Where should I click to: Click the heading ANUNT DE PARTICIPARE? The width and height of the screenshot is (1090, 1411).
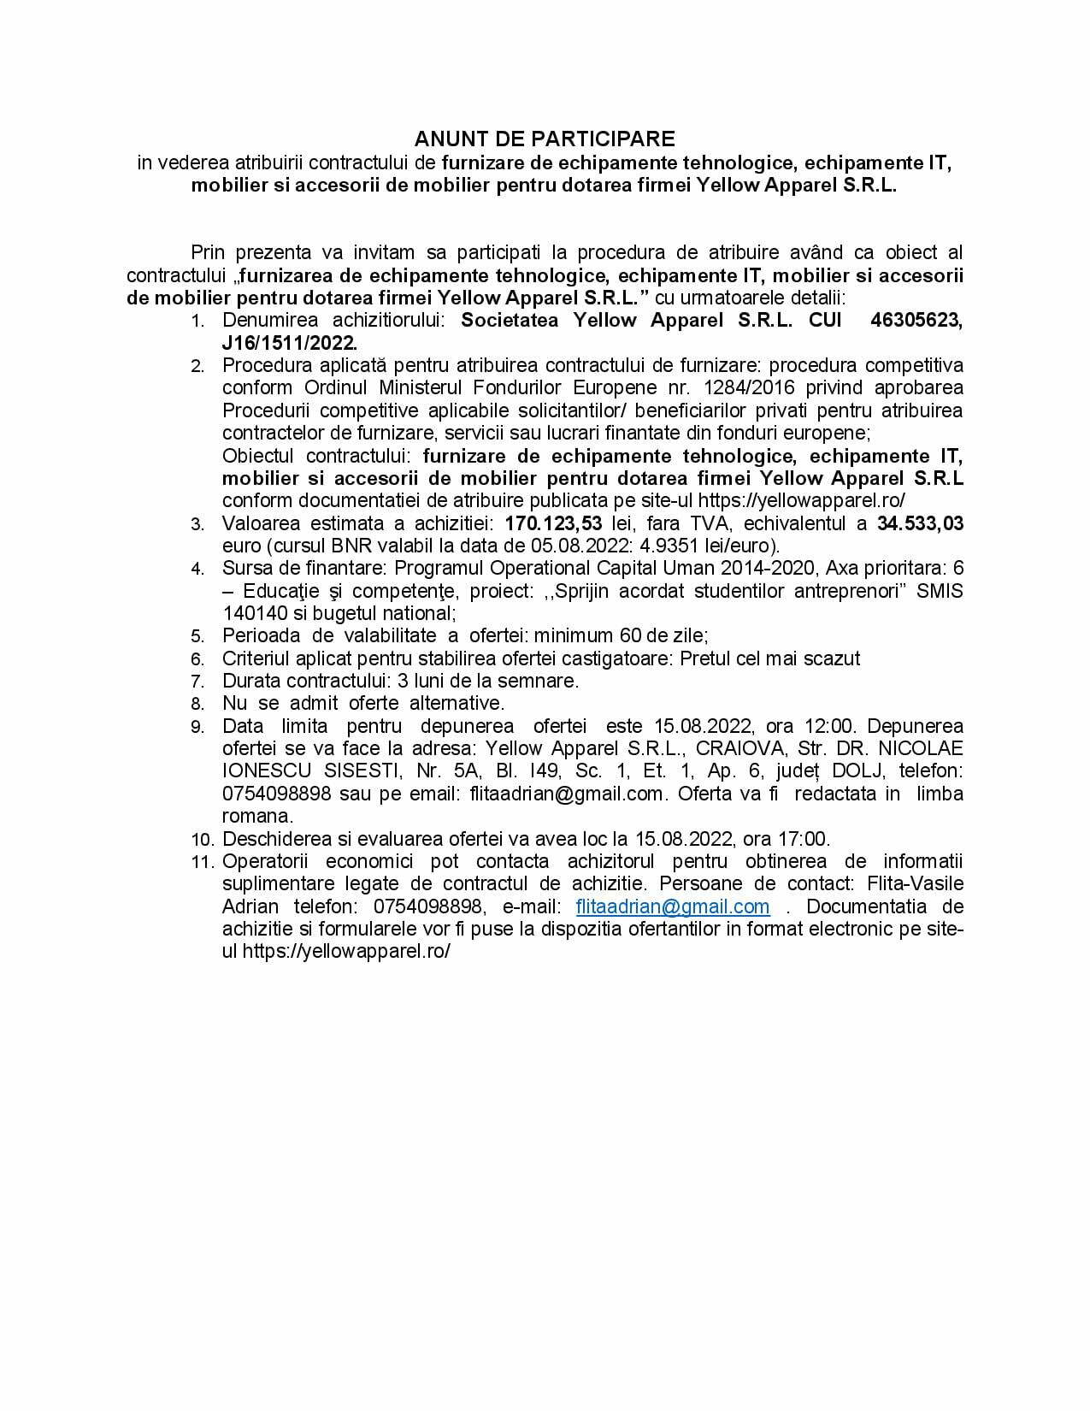click(545, 139)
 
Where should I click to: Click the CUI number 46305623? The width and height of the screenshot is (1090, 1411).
click(916, 321)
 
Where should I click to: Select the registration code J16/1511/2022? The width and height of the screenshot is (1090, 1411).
click(289, 343)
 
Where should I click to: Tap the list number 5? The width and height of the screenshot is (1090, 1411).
click(197, 636)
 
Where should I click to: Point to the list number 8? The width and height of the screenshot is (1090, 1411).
click(197, 704)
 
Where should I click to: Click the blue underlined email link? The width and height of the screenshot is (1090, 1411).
click(673, 906)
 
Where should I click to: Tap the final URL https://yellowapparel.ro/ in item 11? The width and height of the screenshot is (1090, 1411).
click(346, 951)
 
